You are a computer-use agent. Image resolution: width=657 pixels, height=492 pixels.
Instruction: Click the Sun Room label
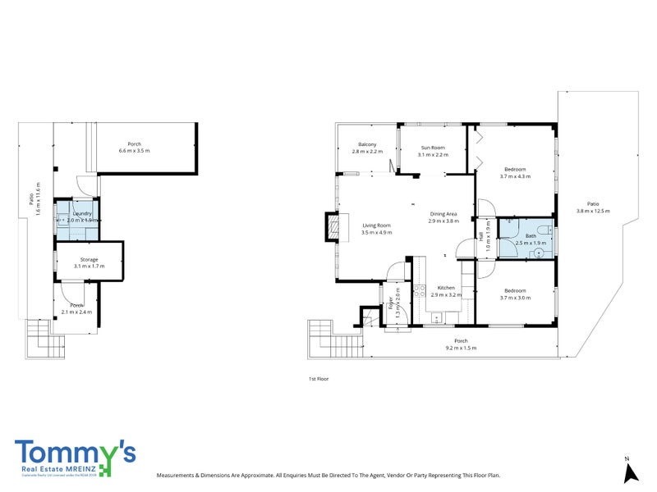432,148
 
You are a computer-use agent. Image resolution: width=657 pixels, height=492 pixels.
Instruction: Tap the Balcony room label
367,145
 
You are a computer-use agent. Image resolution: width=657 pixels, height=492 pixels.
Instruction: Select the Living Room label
377,225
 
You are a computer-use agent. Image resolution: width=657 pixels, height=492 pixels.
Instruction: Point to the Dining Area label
443,215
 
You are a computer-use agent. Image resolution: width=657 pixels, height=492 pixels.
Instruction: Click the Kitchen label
446,287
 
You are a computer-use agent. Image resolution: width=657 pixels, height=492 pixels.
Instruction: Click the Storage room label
89,259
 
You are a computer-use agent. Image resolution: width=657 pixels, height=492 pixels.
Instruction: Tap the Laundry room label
81,212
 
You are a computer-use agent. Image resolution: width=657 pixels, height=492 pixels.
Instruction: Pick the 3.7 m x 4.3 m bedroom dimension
515,176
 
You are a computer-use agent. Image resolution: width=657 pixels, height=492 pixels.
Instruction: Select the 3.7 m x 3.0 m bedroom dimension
515,298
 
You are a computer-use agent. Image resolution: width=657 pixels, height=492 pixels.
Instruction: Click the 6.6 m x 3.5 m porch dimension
135,151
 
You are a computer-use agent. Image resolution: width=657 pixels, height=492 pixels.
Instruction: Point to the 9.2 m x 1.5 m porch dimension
461,348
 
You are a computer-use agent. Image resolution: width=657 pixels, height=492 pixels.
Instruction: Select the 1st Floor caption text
318,379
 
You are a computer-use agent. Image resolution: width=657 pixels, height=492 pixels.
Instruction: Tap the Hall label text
480,236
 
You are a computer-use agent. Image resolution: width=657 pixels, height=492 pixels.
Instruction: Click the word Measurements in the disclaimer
175,475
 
